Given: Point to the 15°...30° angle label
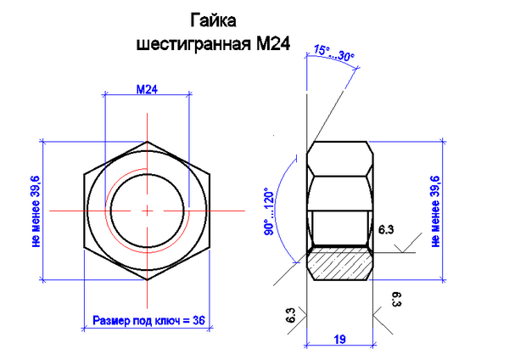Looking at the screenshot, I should pyautogui.click(x=333, y=53).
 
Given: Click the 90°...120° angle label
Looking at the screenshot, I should pyautogui.click(x=267, y=212).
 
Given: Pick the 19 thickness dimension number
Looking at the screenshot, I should pyautogui.click(x=339, y=339).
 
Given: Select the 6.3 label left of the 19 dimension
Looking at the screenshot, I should pyautogui.click(x=291, y=315).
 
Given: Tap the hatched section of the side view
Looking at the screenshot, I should pyautogui.click(x=339, y=263).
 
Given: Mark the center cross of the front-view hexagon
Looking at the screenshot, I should pyautogui.click(x=148, y=209).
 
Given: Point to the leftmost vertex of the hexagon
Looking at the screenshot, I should pyautogui.click(x=83, y=176).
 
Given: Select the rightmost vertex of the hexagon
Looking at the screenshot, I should pyautogui.click(x=212, y=176).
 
